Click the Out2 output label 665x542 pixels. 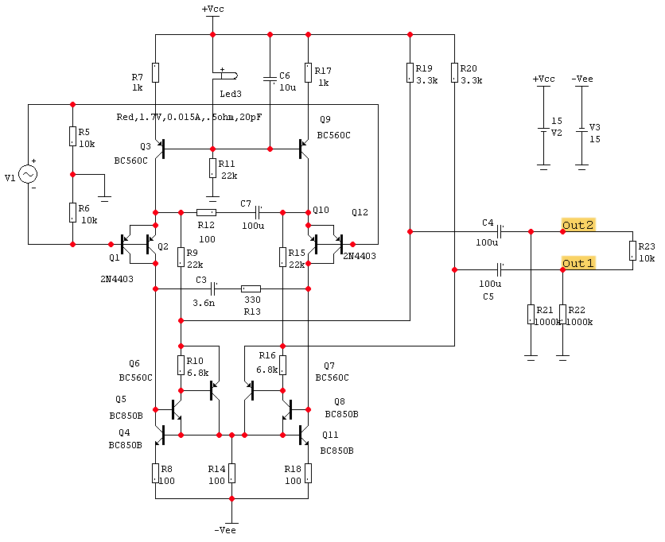[578, 225]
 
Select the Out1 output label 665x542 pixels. [578, 263]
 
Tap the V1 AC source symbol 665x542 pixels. [28, 174]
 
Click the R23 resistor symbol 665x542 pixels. [632, 251]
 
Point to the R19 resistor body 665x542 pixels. [410, 73]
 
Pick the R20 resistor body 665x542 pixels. [454, 73]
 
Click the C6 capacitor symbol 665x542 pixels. [270, 79]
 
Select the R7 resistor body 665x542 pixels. [155, 73]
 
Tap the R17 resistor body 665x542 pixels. [308, 73]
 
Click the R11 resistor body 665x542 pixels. [212, 168]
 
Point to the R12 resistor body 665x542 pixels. [206, 212]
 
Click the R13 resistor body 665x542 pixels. [251, 288]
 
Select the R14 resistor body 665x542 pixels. [231, 473]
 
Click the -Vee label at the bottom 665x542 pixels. [225, 529]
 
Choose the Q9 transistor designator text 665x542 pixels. [325, 119]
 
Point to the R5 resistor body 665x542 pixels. [72, 136]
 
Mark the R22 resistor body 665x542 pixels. [562, 314]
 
